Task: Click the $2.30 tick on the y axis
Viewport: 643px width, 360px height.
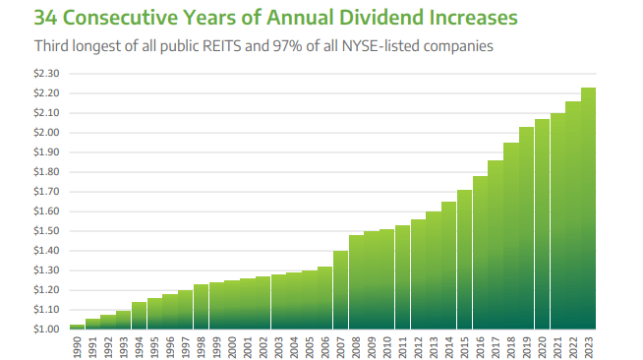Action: (47, 74)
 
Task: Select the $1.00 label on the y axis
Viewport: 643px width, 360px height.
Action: (47, 330)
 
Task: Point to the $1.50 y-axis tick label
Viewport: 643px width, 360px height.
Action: (47, 231)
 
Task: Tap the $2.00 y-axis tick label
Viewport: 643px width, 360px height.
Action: (47, 133)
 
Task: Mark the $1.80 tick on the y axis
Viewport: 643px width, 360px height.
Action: (47, 172)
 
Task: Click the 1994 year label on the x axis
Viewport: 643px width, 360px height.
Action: (139, 346)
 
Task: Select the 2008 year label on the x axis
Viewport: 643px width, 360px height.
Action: (356, 346)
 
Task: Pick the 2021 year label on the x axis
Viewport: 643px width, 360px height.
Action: (557, 346)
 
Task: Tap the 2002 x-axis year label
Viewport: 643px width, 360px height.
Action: (263, 346)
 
